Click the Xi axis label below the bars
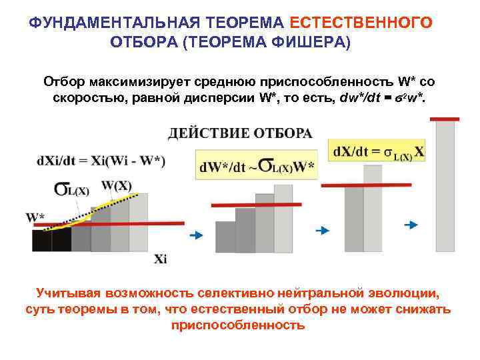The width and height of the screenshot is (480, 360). point(160,259)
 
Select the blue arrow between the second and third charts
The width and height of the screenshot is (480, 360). point(321,230)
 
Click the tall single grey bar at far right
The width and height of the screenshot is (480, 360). point(445,187)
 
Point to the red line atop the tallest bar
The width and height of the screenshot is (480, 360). point(445,119)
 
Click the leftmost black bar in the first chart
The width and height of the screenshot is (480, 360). point(42,241)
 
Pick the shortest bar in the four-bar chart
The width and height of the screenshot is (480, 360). point(225,237)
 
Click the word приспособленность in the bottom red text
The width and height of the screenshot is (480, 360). point(238,325)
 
